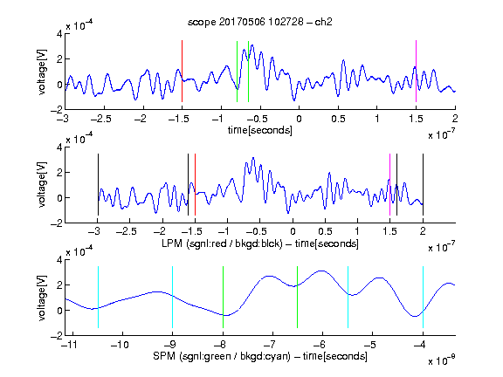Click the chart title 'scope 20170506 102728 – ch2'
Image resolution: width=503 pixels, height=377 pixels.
pos(260,22)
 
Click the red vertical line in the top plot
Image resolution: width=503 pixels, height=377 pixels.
pos(182,72)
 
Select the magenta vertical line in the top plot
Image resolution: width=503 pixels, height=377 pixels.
pos(416,72)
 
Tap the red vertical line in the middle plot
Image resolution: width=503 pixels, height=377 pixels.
pos(195,185)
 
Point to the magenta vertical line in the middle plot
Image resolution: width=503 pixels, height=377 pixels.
pos(389,185)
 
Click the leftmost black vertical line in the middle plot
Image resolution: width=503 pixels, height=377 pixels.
pos(98,185)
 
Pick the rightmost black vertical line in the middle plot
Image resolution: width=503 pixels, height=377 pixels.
pos(423,185)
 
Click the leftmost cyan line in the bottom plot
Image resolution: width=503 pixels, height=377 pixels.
pos(98,298)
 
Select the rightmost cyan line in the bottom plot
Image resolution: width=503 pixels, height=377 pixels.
pos(423,298)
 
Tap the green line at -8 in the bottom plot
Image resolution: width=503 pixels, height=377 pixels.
pos(223,298)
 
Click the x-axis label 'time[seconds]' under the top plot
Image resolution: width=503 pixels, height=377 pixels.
pos(260,130)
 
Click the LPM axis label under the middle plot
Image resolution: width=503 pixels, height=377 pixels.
pos(260,243)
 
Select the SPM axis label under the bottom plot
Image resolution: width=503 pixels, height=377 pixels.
pos(260,356)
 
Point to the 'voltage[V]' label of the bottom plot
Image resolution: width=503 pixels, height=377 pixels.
pos(42,298)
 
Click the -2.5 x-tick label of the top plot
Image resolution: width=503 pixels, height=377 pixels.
pos(101,119)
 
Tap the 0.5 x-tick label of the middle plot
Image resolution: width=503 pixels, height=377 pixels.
pos(325,231)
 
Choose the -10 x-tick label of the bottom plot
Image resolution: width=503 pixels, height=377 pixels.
pos(120,345)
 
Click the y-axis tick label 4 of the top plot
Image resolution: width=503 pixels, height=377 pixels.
pos(59,34)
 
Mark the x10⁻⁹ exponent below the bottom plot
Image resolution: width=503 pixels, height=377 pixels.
pos(442,360)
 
